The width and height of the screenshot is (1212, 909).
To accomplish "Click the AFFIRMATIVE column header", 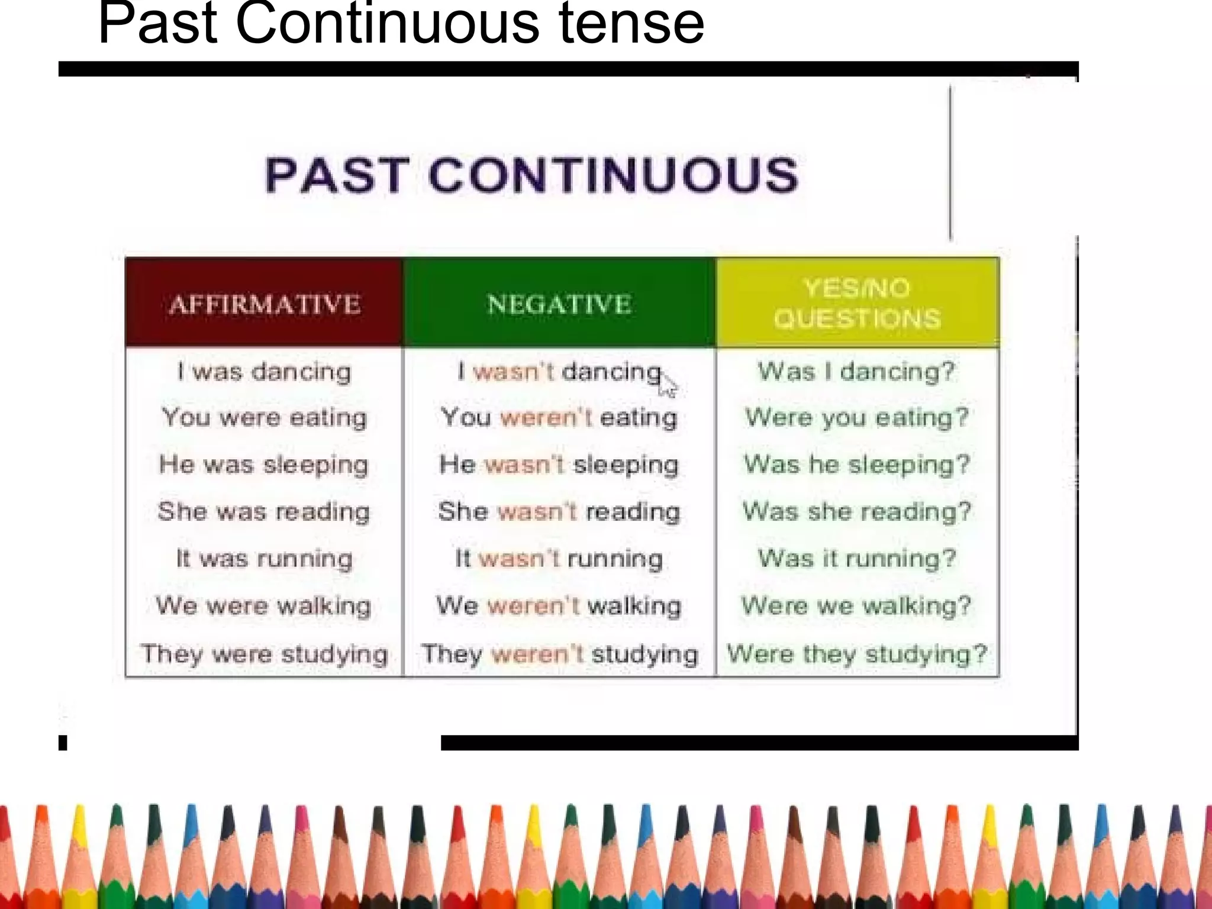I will coord(265,304).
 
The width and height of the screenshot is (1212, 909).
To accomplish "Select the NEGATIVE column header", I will coord(559,304).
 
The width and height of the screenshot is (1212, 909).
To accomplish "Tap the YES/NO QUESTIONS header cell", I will coord(857,304).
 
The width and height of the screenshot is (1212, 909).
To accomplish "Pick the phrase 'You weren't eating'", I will coord(559,418).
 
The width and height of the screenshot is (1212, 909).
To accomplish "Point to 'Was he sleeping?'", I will coord(857,464).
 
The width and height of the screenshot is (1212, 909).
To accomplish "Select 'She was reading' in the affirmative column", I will coord(264,511).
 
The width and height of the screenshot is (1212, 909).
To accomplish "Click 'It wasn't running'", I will coord(559,559).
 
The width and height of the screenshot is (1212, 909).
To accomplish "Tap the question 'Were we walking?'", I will coord(856,605).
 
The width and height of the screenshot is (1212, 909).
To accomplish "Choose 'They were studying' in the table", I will coord(264,654).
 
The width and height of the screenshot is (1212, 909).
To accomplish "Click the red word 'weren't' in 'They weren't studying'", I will coord(537,654).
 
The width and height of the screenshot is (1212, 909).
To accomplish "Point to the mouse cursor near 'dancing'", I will coord(668,385).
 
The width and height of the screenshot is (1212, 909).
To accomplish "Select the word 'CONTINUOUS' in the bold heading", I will coord(614,175).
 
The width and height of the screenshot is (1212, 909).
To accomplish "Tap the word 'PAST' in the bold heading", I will coord(337,175).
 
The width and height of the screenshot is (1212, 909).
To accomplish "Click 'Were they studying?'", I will coord(857,654).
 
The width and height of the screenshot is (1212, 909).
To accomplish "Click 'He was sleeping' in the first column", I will coord(264,465).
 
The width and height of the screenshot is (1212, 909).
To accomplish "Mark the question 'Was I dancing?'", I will coord(856,372).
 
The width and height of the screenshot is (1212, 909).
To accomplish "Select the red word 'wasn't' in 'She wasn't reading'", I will coord(537,511).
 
